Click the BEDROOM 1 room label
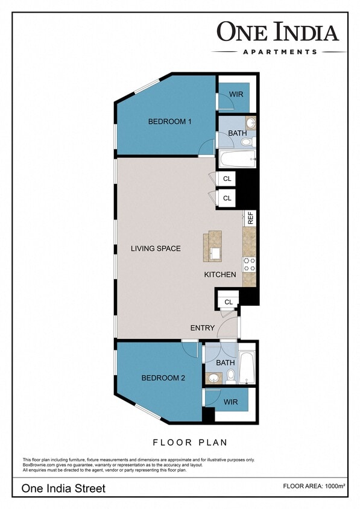coord(169,122)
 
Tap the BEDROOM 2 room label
coord(163,378)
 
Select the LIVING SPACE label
coord(156,248)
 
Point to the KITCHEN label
coord(219,274)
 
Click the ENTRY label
coord(202,328)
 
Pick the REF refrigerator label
coord(250,218)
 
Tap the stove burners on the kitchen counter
coord(249,264)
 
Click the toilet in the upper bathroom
coord(245,142)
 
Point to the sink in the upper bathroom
coord(251,123)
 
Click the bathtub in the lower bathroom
coord(247,367)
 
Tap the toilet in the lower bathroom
coord(230,376)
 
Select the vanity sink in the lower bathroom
coord(213,378)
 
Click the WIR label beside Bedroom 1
coord(236,95)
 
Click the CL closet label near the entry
coord(229,302)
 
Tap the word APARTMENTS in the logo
coord(279,52)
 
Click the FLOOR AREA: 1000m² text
coord(315,485)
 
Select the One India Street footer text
coord(63,488)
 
